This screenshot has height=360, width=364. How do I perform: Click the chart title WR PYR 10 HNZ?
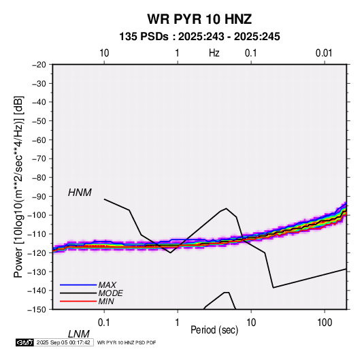pyautogui.click(x=199, y=19)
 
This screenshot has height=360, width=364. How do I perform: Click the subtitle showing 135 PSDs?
pyautogui.click(x=199, y=37)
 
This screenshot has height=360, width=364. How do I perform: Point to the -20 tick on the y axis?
pyautogui.click(x=39, y=65)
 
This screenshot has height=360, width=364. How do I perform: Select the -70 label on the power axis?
pyautogui.click(x=39, y=159)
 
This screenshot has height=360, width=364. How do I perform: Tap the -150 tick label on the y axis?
pyautogui.click(x=37, y=310)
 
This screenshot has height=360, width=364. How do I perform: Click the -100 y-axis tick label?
pyautogui.click(x=37, y=215)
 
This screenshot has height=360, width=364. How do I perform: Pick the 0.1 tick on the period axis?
pyautogui.click(x=104, y=323)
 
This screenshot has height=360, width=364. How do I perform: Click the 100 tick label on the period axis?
pyautogui.click(x=325, y=323)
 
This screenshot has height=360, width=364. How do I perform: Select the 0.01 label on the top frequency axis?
pyautogui.click(x=324, y=53)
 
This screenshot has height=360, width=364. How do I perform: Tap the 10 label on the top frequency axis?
pyautogui.click(x=104, y=53)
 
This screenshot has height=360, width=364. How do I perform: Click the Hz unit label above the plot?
pyautogui.click(x=214, y=53)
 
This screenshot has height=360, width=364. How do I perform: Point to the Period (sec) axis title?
pyautogui.click(x=214, y=330)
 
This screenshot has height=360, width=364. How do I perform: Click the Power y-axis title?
pyautogui.click(x=18, y=186)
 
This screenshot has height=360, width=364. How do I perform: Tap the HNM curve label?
pyautogui.click(x=80, y=193)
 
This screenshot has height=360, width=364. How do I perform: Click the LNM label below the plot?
pyautogui.click(x=79, y=334)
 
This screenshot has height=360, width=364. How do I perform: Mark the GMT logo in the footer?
pyautogui.click(x=25, y=342)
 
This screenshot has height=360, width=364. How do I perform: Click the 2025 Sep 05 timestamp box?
pyautogui.click(x=63, y=342)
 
